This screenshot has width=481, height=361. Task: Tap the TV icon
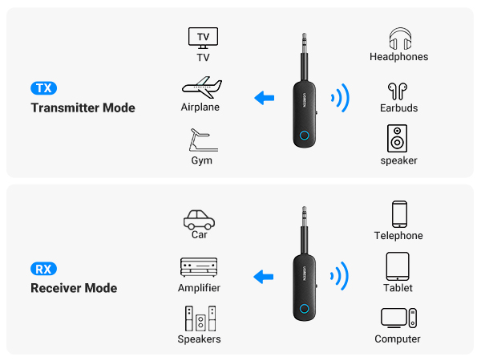tap(203, 37)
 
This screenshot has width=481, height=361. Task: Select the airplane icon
tap(200, 87)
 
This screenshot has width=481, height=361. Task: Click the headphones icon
tap(398, 38)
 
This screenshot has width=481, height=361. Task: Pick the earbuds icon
tap(398, 89)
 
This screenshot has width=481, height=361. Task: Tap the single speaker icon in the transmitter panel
tap(398, 138)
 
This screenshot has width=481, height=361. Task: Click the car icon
tap(199, 217)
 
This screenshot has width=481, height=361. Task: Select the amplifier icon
tap(199, 268)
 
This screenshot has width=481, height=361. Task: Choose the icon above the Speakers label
tap(199, 318)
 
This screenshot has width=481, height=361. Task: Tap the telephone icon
tap(398, 214)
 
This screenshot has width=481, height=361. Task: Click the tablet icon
tap(398, 266)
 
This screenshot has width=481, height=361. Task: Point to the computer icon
tap(398, 318)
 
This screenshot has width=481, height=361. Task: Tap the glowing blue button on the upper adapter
tap(304, 135)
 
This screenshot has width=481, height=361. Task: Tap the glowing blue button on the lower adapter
tap(304, 310)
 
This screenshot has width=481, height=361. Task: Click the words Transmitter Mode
tap(83, 108)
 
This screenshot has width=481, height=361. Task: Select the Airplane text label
tap(200, 107)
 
